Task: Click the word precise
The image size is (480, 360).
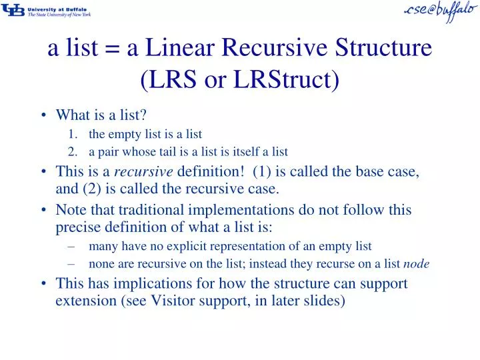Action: pyautogui.click(x=75, y=227)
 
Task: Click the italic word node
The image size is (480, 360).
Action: pyautogui.click(x=417, y=264)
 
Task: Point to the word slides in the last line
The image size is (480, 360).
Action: pyautogui.click(x=327, y=301)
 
